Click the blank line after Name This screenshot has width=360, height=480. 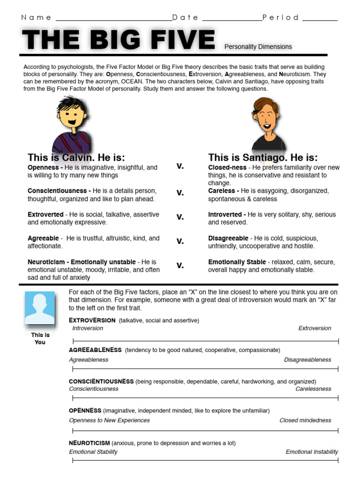tap(113, 20)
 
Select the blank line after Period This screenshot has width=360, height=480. tap(320, 20)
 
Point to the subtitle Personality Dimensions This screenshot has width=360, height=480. tap(258, 47)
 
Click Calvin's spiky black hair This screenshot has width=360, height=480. tap(70, 103)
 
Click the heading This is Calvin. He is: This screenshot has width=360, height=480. tap(76, 157)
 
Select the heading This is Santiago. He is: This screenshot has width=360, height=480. tap(262, 157)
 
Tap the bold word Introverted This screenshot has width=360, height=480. tap(225, 214)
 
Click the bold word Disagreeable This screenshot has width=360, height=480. tap(228, 238)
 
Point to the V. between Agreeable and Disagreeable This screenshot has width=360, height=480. tap(180, 241)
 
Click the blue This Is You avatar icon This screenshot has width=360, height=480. tap(40, 308)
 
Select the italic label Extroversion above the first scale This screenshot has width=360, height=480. tap(315, 328)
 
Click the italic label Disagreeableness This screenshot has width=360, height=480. tap(307, 360)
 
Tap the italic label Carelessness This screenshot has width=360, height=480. tap(313, 389)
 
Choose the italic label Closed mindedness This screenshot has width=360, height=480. tap(305, 420)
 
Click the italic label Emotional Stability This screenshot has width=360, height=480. tap(93, 452)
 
